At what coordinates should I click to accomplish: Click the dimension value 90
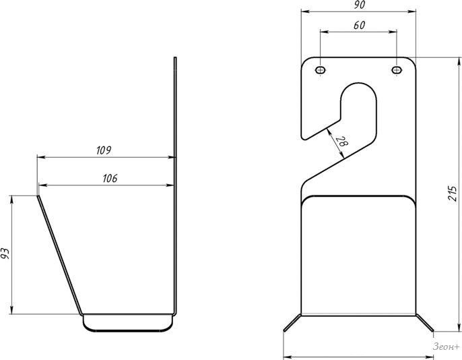pos(359,5)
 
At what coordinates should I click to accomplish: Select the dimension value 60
pos(359,26)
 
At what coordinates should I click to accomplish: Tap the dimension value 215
pos(453,193)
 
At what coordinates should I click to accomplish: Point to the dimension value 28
pos(342,142)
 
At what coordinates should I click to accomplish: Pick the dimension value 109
pos(104,150)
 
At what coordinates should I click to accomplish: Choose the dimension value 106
pos(110,179)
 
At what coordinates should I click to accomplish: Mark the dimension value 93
pos(5,254)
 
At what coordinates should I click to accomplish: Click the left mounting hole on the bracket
pos(320,70)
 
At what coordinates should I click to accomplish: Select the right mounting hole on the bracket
pos(397,70)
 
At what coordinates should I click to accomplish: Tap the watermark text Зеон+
pos(446,347)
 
